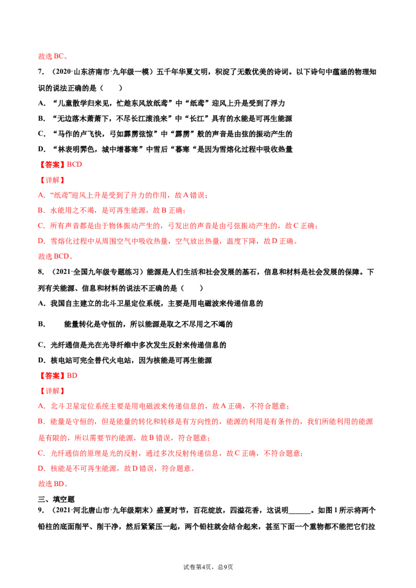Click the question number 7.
(x=41, y=72)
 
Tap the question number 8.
(x=41, y=272)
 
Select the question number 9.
(x=41, y=511)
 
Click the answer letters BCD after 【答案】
(x=74, y=164)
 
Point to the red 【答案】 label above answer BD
(x=52, y=376)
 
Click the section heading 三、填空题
(x=56, y=499)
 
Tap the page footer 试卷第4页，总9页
(x=208, y=567)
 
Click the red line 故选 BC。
(x=53, y=56)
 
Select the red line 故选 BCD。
(x=56, y=257)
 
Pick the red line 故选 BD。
(x=53, y=484)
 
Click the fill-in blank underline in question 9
(x=300, y=513)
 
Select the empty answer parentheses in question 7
(x=111, y=88)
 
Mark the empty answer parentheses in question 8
(x=192, y=288)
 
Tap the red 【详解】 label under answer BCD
(x=52, y=180)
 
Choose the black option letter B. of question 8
(x=42, y=324)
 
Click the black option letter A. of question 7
(x=42, y=103)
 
